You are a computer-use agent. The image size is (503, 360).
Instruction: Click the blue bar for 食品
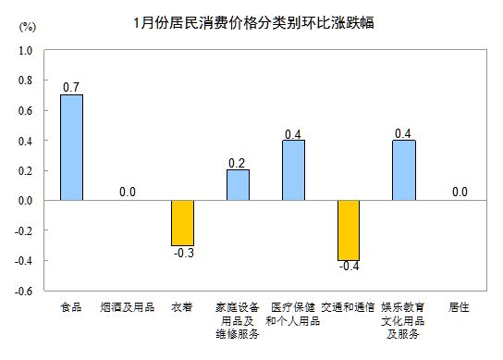point(71,147)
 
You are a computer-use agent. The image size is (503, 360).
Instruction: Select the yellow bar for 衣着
point(182,222)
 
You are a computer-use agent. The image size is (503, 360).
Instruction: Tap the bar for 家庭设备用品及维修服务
point(238,184)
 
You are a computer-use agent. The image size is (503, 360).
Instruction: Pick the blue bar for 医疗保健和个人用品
point(293,169)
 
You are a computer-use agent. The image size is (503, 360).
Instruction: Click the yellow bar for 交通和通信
point(349,230)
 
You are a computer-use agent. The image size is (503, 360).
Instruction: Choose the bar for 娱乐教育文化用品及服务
point(403,169)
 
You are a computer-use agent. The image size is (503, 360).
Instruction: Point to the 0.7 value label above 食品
point(71,87)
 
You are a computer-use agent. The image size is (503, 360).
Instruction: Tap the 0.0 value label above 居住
point(459,192)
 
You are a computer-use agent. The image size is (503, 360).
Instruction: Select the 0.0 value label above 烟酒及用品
point(127,192)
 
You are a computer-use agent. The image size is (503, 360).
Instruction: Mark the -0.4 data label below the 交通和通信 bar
point(348,267)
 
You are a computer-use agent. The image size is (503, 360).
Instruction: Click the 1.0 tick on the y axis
point(25,51)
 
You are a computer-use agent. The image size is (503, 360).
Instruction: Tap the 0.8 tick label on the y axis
point(25,81)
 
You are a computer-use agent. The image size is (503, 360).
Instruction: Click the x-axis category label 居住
point(459,306)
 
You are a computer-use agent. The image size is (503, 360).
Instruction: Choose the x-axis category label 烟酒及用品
point(127,306)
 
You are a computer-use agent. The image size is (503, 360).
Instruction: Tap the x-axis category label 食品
point(71,306)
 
